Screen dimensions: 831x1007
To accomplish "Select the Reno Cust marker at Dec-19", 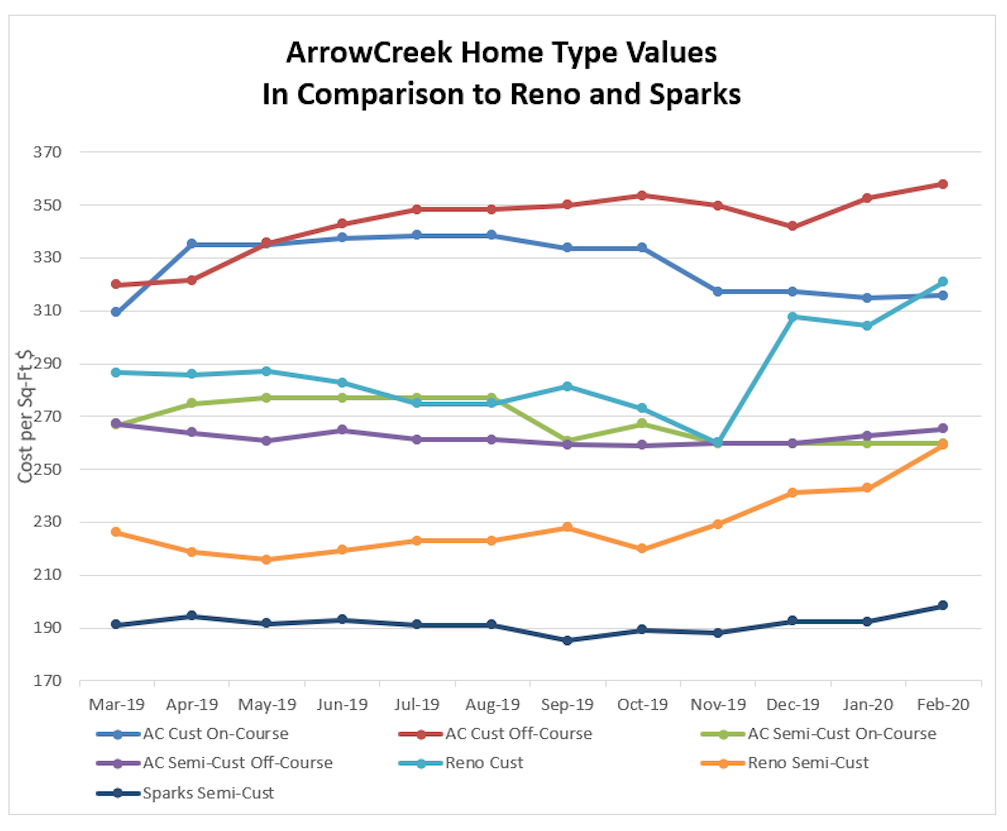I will click(792, 317).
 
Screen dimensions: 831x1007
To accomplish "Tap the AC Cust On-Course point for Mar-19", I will click(116, 312).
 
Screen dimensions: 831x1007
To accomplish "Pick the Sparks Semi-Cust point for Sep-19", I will click(567, 641).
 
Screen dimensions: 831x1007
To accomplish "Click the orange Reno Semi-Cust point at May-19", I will click(267, 559).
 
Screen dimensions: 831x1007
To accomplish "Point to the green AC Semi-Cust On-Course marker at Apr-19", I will click(192, 403).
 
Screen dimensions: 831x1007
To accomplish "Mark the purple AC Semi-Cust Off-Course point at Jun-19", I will click(342, 430).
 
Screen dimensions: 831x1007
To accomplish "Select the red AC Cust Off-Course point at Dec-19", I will click(792, 226).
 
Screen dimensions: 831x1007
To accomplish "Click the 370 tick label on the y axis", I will click(47, 152).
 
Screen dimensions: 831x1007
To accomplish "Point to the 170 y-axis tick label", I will click(47, 681).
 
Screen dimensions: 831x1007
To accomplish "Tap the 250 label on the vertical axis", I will click(47, 469).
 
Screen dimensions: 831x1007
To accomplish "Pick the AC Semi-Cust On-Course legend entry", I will click(841, 734).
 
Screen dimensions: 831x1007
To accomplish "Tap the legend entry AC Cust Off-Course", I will click(518, 734).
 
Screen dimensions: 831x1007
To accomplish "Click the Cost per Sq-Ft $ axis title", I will click(25, 416).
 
